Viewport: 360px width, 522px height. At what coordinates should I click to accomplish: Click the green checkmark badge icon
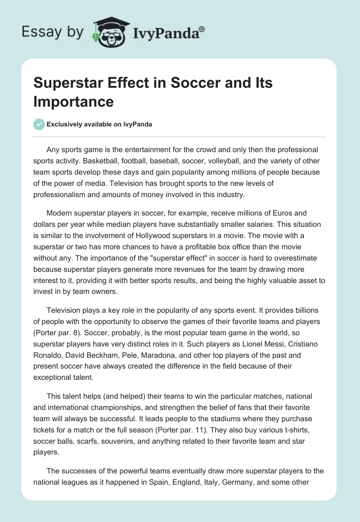point(39,124)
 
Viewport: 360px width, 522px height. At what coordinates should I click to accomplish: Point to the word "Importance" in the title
point(73,101)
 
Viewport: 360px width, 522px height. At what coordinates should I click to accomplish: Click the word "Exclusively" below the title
point(63,125)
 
